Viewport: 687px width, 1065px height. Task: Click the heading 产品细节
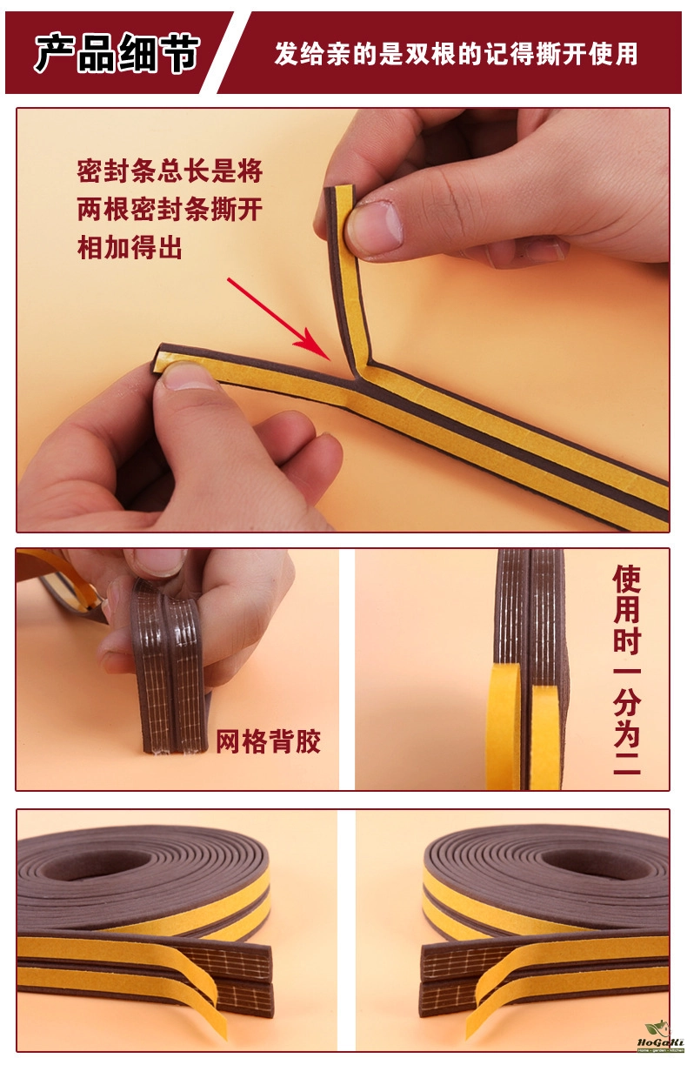coord(116,53)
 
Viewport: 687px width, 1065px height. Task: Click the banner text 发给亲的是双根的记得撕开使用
coord(456,53)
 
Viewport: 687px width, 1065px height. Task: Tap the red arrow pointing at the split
coord(278,319)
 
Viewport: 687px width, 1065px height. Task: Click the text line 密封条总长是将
coord(170,171)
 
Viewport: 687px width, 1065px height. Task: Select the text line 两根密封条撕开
coord(170,209)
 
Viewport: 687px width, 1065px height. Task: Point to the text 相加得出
coord(130,247)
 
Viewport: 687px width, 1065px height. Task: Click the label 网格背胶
coord(269,740)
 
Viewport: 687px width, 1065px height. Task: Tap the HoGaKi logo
coord(661,1041)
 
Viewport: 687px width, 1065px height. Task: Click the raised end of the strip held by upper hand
coord(339,189)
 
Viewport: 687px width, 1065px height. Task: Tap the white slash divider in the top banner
coord(226,53)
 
